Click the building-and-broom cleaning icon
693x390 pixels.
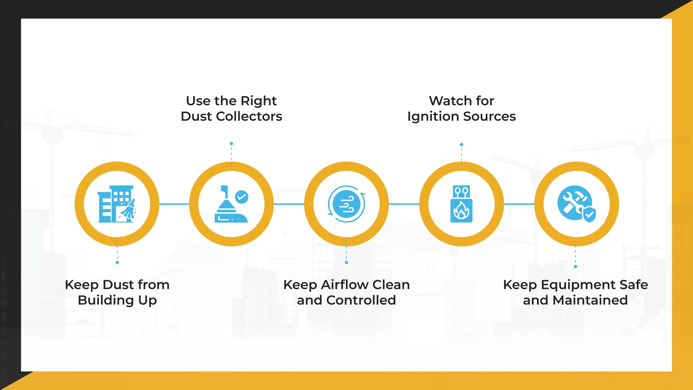[x=117, y=204]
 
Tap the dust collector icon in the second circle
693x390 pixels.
[x=231, y=204]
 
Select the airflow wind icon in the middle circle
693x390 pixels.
[x=346, y=204]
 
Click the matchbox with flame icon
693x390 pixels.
[x=462, y=204]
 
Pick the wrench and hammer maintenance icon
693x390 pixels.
[x=577, y=204]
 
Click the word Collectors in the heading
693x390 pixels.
[x=249, y=116]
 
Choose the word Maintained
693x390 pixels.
[x=590, y=300]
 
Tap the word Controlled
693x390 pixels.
[x=361, y=300]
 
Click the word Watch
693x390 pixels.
[x=450, y=101]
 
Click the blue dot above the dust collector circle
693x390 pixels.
[x=231, y=144]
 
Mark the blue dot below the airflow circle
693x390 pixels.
[x=346, y=262]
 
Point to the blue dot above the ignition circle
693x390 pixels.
[x=462, y=145]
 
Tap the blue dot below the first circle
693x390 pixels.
[x=117, y=262]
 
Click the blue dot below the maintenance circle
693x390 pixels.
[x=576, y=266]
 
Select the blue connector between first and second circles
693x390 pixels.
[x=174, y=204]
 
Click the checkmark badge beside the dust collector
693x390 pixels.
[x=242, y=197]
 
